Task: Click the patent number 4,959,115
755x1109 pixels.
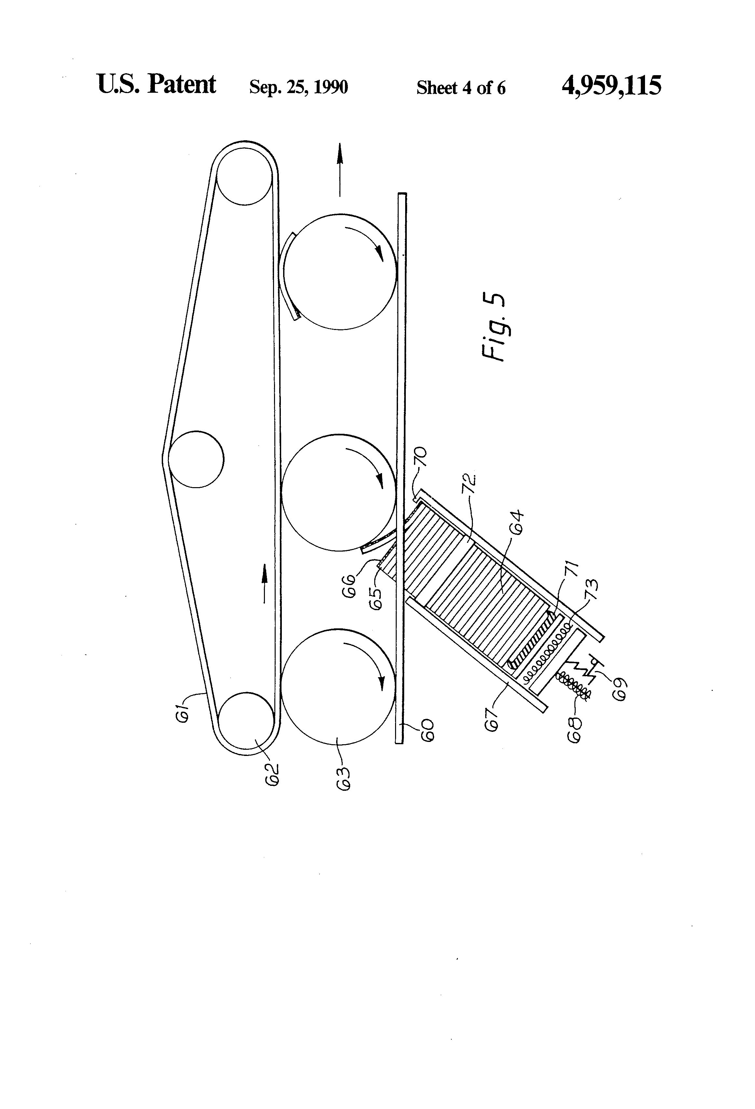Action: pos(611,86)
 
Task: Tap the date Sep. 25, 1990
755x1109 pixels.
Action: pos(298,87)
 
